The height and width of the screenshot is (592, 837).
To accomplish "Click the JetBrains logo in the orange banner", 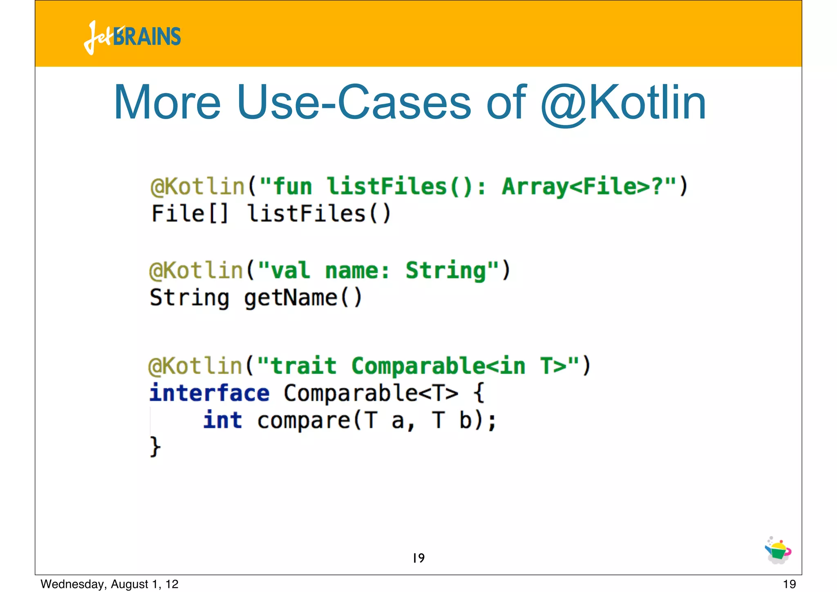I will (132, 37).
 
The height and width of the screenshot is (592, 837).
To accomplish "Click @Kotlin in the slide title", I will (623, 103).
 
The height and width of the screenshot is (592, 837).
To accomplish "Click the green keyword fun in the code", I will (292, 187).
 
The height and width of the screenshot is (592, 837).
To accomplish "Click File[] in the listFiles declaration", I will (189, 214).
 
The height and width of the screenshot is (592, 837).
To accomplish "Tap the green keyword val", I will (290, 271).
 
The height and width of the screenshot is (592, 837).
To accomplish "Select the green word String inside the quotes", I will (445, 271).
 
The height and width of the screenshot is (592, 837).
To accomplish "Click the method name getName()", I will (303, 298).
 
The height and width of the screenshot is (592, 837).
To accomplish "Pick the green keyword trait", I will (304, 366).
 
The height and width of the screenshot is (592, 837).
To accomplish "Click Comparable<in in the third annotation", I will (438, 366).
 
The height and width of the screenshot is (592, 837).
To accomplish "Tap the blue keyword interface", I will (209, 393).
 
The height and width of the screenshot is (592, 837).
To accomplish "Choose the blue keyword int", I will (222, 421).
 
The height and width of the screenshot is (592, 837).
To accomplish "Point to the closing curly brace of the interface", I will (155, 447).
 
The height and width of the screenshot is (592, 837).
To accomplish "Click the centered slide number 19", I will (418, 558).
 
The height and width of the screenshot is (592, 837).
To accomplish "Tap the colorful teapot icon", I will (778, 551).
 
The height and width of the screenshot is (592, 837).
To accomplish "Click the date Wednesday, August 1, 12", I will (110, 584).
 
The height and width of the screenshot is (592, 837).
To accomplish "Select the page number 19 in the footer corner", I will (789, 584).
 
